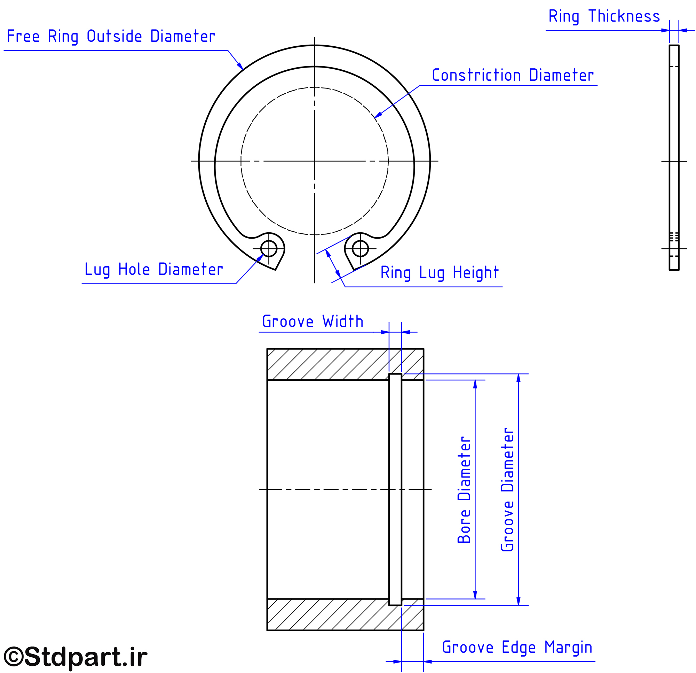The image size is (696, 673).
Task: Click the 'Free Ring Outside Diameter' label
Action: pyautogui.click(x=111, y=37)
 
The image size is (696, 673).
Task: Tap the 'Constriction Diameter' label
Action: pyautogui.click(x=512, y=75)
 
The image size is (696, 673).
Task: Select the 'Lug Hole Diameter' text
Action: pyautogui.click(x=154, y=270)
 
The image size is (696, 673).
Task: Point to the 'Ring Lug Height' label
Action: pyautogui.click(x=439, y=273)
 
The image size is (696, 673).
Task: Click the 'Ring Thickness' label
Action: pyautogui.click(x=604, y=16)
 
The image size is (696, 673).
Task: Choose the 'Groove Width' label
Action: pyautogui.click(x=313, y=322)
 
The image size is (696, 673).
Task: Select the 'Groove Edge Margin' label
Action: pyautogui.click(x=517, y=647)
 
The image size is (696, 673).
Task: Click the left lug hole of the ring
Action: pyautogui.click(x=269, y=248)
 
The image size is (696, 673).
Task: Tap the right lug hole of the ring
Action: pyautogui.click(x=361, y=248)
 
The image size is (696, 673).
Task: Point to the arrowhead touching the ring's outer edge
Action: pyautogui.click(x=240, y=67)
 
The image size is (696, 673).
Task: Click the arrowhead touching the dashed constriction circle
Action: pyautogui.click(x=379, y=115)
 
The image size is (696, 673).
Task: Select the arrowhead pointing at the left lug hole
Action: pyautogui.click(x=260, y=258)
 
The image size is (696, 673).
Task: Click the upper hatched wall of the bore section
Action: pyautogui.click(x=345, y=364)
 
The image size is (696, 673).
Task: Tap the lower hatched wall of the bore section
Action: pyautogui.click(x=345, y=615)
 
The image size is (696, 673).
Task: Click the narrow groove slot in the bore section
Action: pyautogui.click(x=395, y=489)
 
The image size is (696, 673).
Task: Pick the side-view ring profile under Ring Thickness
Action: pyautogui.click(x=674, y=157)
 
